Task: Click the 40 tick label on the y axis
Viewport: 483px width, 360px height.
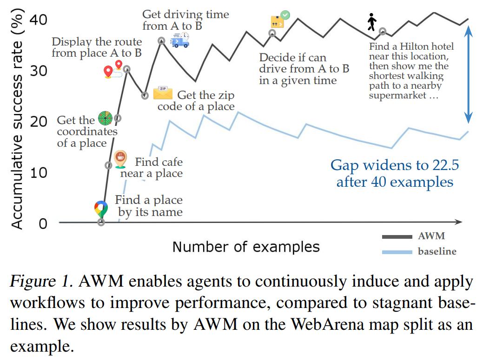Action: click(x=38, y=20)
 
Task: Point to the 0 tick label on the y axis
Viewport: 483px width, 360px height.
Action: click(x=43, y=224)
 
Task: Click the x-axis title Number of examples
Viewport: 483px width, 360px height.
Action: click(x=246, y=247)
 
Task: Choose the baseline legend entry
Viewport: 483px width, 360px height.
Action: click(x=419, y=252)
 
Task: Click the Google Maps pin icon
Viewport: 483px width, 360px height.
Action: click(x=101, y=209)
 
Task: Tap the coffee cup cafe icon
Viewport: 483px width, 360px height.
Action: click(x=120, y=159)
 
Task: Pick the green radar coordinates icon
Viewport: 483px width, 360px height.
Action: click(x=106, y=118)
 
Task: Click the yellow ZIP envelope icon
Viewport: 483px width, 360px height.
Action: click(x=163, y=93)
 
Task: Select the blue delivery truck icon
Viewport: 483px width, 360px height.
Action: click(x=180, y=40)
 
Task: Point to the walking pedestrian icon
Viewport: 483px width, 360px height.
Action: click(x=372, y=22)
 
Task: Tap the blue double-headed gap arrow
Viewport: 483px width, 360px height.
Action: click(x=468, y=74)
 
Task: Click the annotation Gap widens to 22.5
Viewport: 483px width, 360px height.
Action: click(x=395, y=165)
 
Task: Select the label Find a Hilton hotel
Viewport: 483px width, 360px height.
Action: click(x=411, y=46)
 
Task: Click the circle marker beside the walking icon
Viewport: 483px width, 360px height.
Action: click(x=382, y=31)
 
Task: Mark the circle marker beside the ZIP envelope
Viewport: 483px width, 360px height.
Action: click(x=145, y=95)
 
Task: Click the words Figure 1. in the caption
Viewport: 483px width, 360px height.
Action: click(x=42, y=281)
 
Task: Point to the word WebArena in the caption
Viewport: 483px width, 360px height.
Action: click(x=327, y=324)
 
